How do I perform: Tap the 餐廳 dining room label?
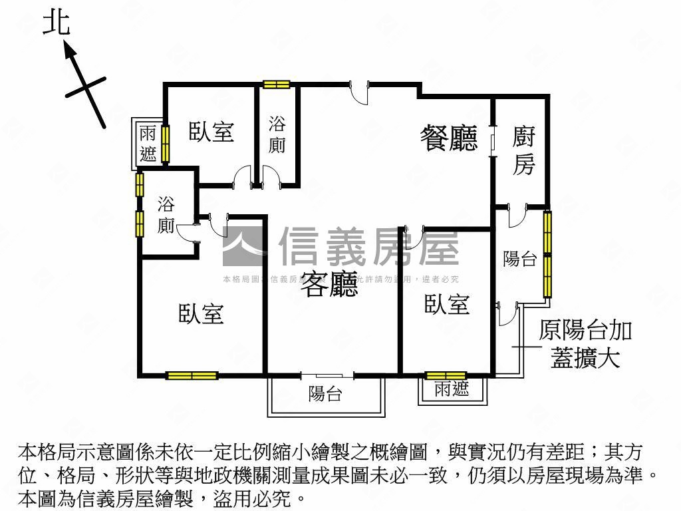pyautogui.click(x=449, y=138)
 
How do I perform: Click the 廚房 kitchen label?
pyautogui.click(x=524, y=151)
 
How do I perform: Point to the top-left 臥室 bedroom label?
pyautogui.click(x=211, y=131)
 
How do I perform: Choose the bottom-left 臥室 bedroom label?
pyautogui.click(x=201, y=313)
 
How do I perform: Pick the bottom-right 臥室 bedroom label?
pyautogui.click(x=447, y=304)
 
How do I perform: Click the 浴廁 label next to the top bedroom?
pyautogui.click(x=277, y=134)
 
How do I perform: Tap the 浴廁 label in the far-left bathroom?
pyautogui.click(x=166, y=215)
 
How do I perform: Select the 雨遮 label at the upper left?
pyautogui.click(x=148, y=144)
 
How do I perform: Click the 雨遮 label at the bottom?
pyautogui.click(x=452, y=389)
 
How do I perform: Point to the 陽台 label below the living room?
pyautogui.click(x=325, y=394)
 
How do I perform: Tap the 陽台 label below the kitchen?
pyautogui.click(x=519, y=259)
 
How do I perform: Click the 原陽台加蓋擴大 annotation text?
pyautogui.click(x=585, y=344)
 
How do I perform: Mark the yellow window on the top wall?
pyautogui.click(x=276, y=84)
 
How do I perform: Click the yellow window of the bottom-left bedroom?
pyautogui.click(x=192, y=375)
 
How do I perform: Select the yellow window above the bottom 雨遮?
pyautogui.click(x=446, y=375)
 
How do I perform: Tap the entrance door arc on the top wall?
pyautogui.click(x=359, y=92)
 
